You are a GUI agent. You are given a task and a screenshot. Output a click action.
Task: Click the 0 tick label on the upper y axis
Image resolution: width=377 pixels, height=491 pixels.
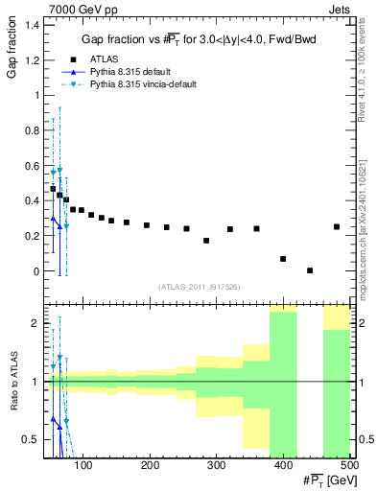click(x=35, y=271)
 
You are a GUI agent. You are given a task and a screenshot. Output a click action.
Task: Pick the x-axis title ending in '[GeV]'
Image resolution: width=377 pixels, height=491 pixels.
click(x=326, y=480)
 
